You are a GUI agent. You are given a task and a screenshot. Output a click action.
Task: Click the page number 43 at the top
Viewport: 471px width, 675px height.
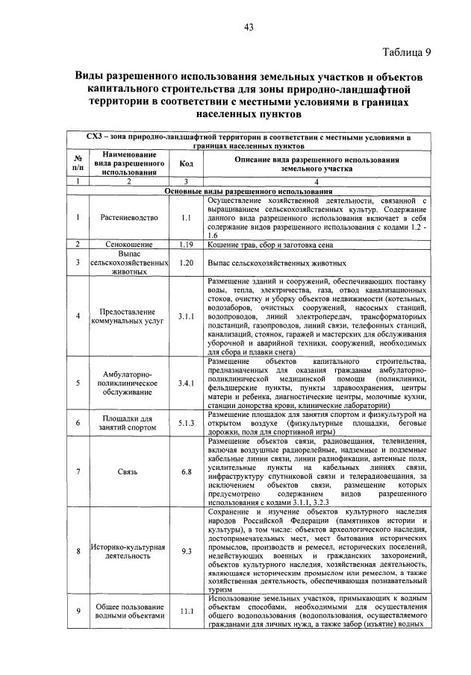[x=249, y=28]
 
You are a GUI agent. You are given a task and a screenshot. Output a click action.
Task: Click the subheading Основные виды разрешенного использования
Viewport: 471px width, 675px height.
[x=248, y=192]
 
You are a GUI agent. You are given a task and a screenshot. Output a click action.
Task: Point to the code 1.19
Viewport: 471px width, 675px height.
[x=187, y=244]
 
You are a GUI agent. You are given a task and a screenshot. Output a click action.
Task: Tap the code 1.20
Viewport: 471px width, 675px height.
[x=187, y=263]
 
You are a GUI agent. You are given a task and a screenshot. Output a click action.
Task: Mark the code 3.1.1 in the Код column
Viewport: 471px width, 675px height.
[x=187, y=315]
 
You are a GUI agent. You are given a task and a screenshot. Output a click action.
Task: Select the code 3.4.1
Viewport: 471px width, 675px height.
[x=187, y=383]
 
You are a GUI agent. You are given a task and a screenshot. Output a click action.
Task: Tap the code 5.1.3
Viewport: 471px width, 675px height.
[x=187, y=424]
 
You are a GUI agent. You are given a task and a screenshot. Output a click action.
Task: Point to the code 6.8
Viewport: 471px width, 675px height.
[x=187, y=471]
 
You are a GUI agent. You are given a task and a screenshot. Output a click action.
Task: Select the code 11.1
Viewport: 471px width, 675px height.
[x=187, y=611]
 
